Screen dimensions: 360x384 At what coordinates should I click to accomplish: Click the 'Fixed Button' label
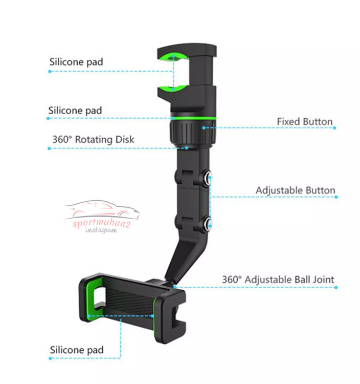click(x=304, y=121)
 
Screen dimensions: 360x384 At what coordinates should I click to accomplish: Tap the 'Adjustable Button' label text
click(x=296, y=190)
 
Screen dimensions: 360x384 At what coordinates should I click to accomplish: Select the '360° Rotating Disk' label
click(x=93, y=140)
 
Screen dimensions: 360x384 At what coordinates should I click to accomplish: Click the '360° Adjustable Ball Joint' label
click(x=278, y=280)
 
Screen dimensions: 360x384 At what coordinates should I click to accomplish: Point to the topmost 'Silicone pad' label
click(x=76, y=62)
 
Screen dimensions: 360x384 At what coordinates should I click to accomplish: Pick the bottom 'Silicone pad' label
click(x=77, y=350)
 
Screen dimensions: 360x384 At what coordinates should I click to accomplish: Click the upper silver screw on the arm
click(x=208, y=178)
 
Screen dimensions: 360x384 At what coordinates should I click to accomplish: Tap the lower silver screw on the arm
click(x=208, y=223)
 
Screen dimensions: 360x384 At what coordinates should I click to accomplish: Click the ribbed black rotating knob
click(x=193, y=134)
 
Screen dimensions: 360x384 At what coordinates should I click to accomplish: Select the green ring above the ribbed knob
click(x=193, y=119)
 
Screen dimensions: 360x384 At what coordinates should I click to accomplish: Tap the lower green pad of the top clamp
click(x=173, y=88)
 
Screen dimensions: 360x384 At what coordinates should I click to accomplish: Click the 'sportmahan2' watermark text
click(x=101, y=223)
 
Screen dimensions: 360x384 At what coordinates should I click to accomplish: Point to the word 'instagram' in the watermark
click(x=101, y=230)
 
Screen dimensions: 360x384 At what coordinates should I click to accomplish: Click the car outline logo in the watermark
click(x=102, y=209)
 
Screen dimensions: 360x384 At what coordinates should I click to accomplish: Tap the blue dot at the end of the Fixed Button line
click(x=334, y=128)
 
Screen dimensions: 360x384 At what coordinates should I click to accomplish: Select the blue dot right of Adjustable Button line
click(x=336, y=197)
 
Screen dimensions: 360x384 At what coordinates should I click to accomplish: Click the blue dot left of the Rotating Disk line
click(x=49, y=148)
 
